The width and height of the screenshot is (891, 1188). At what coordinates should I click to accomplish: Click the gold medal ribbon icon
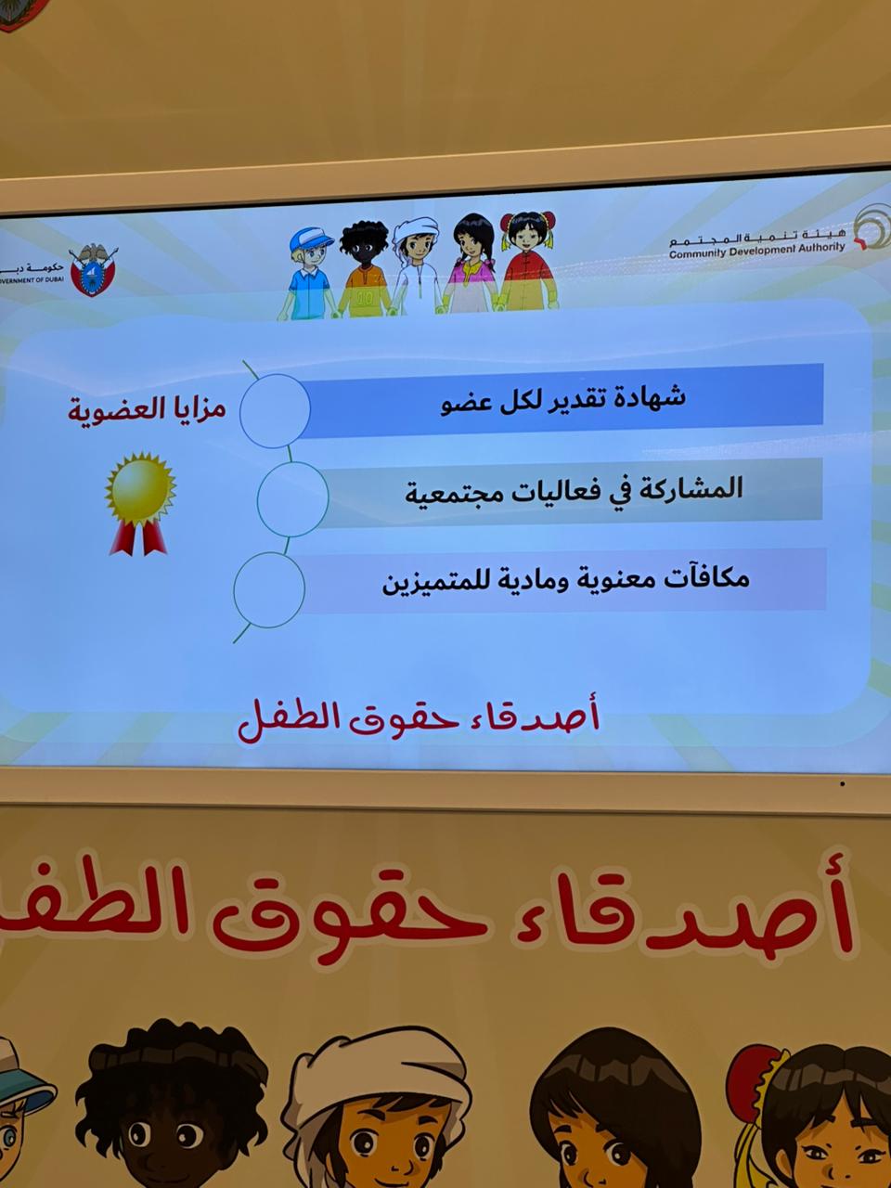coord(140,501)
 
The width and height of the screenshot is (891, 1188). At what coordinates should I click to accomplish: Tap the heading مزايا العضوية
coord(147,409)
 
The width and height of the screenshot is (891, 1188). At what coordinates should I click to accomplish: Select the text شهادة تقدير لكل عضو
coord(562,398)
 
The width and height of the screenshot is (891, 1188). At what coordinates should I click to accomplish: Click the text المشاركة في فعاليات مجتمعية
coord(574,489)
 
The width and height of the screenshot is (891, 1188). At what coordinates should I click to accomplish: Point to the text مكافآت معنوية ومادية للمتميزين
coord(565,581)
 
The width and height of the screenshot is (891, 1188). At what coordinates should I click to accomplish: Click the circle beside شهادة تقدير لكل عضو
coord(275,409)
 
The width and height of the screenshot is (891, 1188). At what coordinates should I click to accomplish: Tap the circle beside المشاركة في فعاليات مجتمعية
coord(291,498)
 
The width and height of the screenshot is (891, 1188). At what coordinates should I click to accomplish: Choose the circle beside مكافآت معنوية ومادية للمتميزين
coord(269,588)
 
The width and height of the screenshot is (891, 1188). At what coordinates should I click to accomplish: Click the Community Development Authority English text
coord(756,249)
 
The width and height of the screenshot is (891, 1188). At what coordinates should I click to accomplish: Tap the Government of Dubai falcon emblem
coord(94,270)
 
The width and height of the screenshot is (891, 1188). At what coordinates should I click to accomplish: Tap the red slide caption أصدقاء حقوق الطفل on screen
coord(419,720)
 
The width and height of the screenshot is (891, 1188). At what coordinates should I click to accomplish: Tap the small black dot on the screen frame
coord(843,784)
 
